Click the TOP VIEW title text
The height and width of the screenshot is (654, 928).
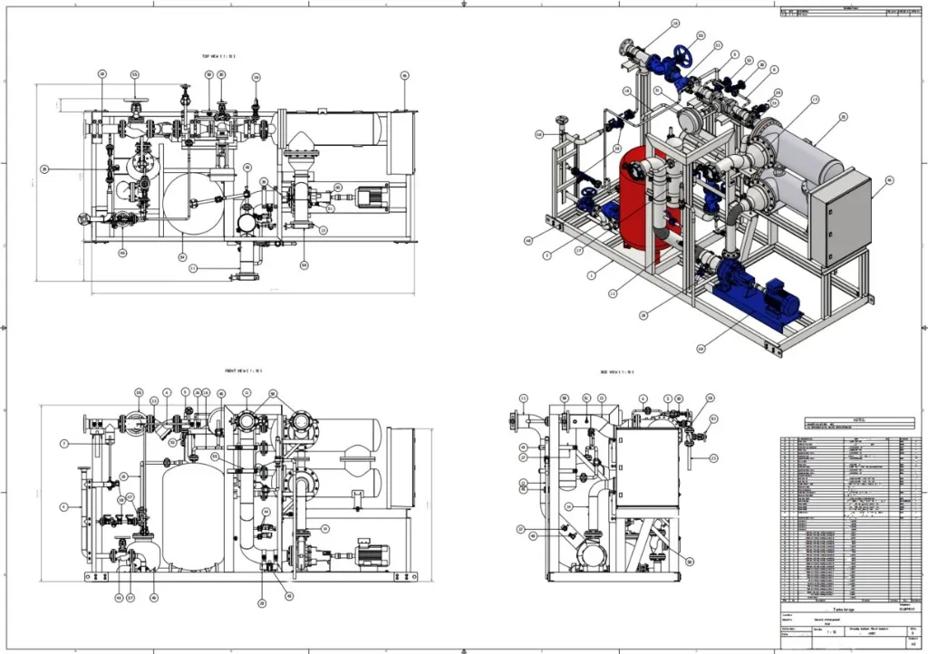tap(218, 56)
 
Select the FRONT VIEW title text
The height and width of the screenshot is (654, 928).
tap(244, 370)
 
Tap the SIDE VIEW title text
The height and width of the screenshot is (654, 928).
tap(615, 372)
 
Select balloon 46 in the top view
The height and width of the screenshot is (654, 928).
tap(405, 76)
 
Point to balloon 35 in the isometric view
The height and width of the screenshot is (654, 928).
tap(843, 117)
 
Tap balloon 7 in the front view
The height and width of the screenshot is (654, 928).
tap(64, 443)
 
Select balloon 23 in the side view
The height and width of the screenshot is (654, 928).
tap(714, 458)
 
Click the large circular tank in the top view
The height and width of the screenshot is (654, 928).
tap(194, 203)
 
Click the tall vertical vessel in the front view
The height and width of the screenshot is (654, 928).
tap(192, 516)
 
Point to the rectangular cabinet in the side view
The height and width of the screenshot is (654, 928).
tap(648, 467)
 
